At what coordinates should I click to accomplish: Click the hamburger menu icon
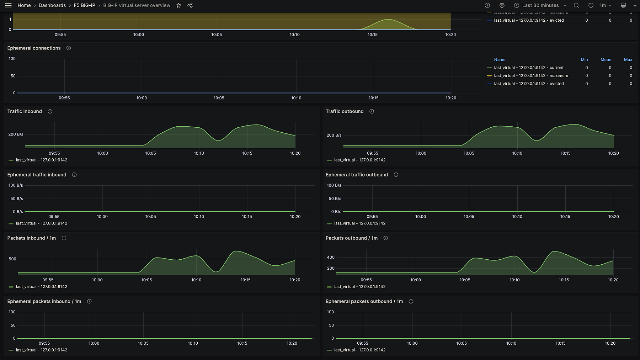coord(8,5)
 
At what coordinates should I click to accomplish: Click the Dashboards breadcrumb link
coord(52,5)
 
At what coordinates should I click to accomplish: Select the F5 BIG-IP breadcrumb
coord(84,5)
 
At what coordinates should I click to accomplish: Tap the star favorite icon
coord(179,5)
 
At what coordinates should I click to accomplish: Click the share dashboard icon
coord(190,5)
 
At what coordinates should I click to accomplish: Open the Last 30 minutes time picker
coord(540,5)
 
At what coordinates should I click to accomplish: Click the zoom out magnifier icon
coord(576,5)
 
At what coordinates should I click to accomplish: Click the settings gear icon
coord(502,5)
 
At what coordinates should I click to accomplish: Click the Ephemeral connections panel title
coord(34,48)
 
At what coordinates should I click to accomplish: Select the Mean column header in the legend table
coord(606,60)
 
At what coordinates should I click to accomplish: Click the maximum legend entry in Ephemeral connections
coord(531,76)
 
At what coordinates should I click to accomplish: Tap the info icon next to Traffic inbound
coord(50,111)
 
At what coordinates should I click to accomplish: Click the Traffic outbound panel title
coord(345,111)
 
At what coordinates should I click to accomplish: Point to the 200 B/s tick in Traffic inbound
coord(16,134)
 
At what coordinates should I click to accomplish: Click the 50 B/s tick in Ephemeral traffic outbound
coord(335,198)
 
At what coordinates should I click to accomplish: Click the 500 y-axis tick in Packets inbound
coord(12,259)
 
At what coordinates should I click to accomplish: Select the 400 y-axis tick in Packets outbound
coord(331,257)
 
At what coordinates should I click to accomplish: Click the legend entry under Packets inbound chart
coord(41,287)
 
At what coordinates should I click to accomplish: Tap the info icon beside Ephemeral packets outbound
coord(411,301)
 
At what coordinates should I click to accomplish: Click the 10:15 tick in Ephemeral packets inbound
coord(242,343)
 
